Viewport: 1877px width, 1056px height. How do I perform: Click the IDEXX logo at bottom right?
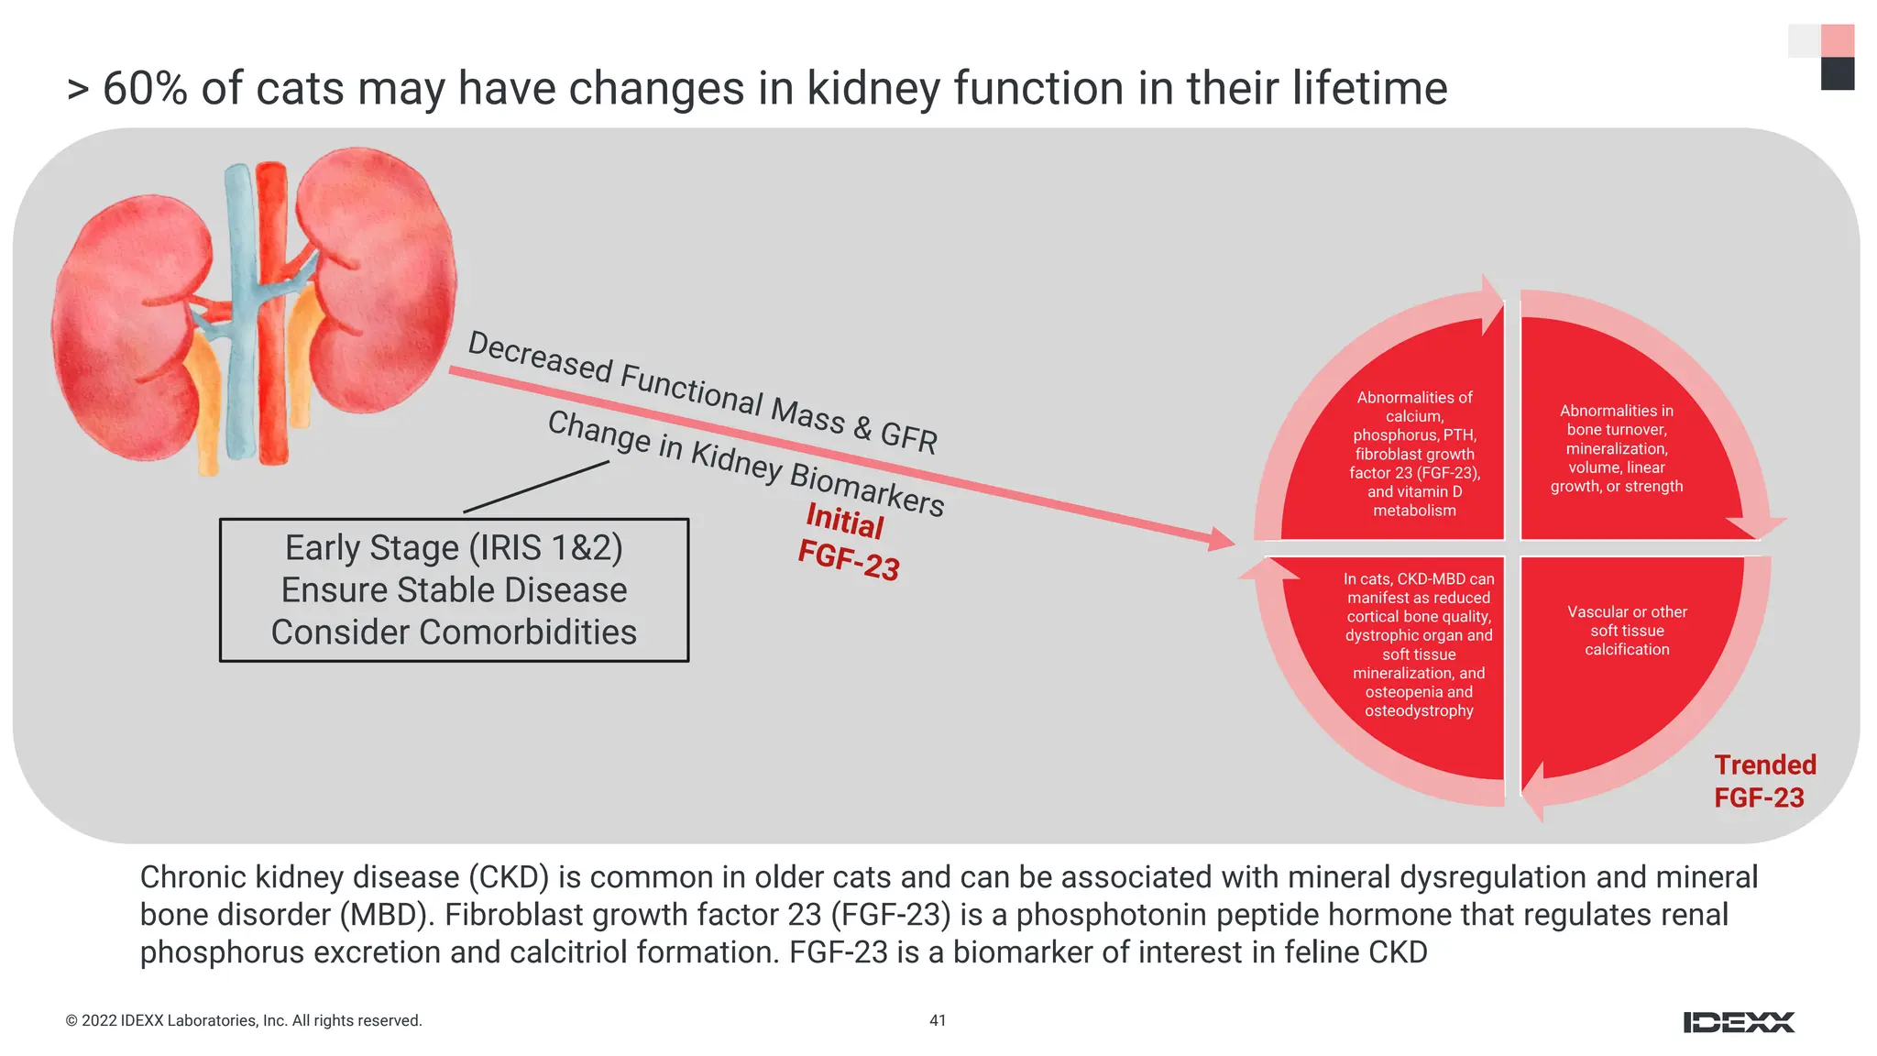tap(1739, 1022)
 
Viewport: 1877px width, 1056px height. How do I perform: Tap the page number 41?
tap(938, 1020)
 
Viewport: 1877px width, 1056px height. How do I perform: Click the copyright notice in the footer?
tap(244, 1020)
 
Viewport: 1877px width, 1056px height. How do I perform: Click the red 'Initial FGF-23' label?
tap(847, 542)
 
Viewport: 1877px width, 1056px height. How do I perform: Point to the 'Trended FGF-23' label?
tap(1764, 781)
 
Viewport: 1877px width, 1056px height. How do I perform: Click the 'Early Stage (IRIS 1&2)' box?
tap(454, 589)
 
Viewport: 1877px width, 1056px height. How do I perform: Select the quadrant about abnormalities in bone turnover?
tap(1616, 448)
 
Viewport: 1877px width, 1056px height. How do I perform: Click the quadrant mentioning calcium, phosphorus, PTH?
tap(1414, 454)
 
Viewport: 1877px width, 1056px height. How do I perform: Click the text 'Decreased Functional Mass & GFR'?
tap(702, 393)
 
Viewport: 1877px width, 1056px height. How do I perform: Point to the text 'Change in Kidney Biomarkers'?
tap(745, 464)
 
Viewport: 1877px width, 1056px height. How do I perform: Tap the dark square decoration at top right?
tap(1837, 74)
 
